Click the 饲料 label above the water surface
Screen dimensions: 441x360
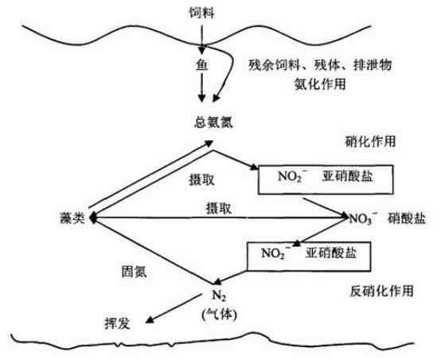tap(201, 13)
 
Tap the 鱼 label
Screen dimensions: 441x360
tap(202, 65)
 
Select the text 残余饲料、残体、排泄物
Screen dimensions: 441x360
tap(320, 65)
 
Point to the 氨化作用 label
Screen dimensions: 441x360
tap(320, 84)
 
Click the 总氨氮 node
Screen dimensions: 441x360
tap(213, 122)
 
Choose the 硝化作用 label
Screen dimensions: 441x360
tap(370, 141)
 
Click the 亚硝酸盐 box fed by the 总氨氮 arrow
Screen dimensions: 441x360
tap(326, 179)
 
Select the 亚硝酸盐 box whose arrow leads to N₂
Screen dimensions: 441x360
tap(309, 256)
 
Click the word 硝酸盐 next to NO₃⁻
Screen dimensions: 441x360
tap(407, 218)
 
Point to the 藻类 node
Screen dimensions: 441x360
tap(72, 218)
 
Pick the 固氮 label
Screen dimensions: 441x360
tap(134, 272)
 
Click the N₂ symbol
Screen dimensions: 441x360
tap(220, 295)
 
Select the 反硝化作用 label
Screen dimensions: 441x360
tap(381, 291)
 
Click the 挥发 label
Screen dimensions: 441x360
tap(117, 323)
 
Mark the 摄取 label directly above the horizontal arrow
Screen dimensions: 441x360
tap(219, 209)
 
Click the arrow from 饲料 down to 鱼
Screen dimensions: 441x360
tap(201, 39)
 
